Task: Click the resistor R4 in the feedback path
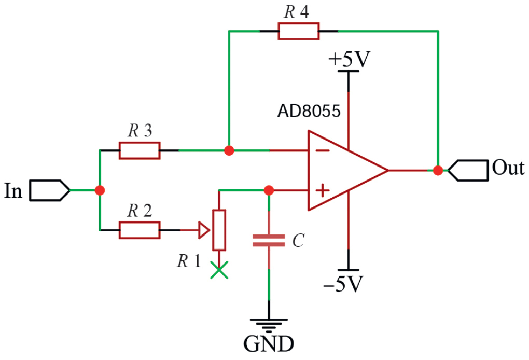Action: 299,31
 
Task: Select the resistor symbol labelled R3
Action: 140,150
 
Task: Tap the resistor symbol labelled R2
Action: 140,230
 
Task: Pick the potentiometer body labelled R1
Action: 219,230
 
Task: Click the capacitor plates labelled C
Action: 269,240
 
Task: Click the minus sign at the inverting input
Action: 322,150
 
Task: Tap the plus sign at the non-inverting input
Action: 322,191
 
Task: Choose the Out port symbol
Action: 468,170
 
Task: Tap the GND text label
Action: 269,343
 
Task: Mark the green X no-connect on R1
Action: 219,270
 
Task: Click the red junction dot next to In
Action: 100,190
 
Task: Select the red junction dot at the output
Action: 438,170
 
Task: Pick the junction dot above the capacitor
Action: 269,190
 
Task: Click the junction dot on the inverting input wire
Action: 229,150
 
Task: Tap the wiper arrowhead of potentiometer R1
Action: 204,230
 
